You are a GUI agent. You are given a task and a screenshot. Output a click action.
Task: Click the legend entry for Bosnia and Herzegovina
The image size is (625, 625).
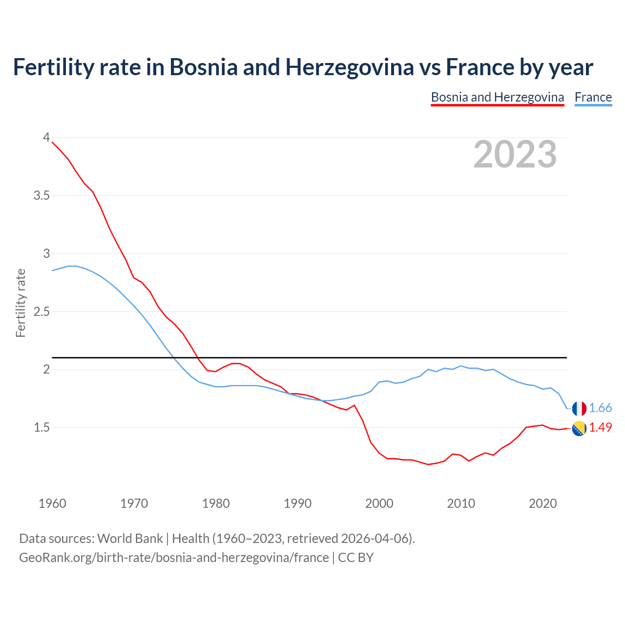pyautogui.click(x=497, y=97)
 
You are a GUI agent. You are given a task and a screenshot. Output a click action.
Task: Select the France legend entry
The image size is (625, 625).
pyautogui.click(x=593, y=97)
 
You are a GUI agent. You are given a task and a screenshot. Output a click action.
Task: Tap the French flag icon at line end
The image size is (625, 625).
pyautogui.click(x=579, y=409)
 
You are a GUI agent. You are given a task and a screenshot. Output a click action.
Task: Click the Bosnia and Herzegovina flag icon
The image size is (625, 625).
pyautogui.click(x=579, y=428)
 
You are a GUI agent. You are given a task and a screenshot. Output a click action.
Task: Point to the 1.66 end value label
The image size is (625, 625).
pyautogui.click(x=600, y=408)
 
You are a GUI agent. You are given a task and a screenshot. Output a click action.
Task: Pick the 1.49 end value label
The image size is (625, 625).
pyautogui.click(x=600, y=428)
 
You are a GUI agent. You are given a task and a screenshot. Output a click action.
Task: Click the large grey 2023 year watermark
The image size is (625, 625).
pyautogui.click(x=515, y=154)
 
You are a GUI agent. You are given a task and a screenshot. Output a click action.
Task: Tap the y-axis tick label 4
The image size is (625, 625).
pyautogui.click(x=46, y=138)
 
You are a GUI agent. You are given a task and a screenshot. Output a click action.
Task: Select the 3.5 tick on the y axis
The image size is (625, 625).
pyautogui.click(x=42, y=196)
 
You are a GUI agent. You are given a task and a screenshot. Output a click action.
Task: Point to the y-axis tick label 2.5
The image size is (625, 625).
pyautogui.click(x=42, y=312)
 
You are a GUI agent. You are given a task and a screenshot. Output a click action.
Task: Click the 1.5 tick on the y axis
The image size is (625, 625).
pyautogui.click(x=42, y=428)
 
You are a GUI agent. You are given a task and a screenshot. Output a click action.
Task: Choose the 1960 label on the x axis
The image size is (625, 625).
pyautogui.click(x=52, y=503)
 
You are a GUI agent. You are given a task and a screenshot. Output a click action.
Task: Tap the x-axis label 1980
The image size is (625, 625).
pyautogui.click(x=216, y=503)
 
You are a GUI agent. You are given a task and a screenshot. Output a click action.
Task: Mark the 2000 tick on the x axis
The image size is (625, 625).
pyautogui.click(x=379, y=503)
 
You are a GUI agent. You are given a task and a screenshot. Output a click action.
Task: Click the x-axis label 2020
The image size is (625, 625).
pyautogui.click(x=542, y=503)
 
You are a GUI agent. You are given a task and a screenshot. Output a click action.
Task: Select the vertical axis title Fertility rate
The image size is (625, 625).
pyautogui.click(x=21, y=303)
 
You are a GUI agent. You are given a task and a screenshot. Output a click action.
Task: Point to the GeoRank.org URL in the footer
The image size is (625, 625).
pyautogui.click(x=174, y=558)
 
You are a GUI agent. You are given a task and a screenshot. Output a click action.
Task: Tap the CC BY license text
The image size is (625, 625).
pyautogui.click(x=356, y=558)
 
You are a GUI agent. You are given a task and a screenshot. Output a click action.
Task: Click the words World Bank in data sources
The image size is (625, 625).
pyautogui.click(x=130, y=539)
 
